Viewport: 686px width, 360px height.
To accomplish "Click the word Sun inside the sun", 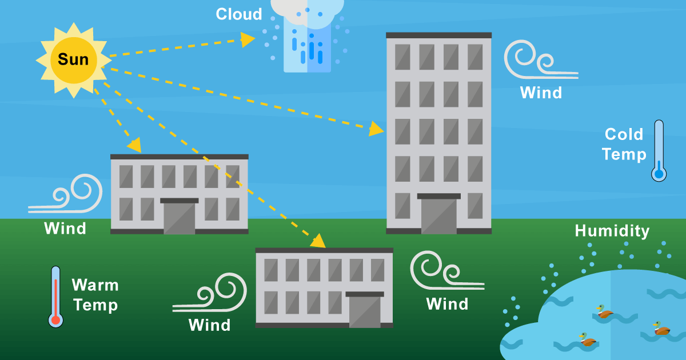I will pyautogui.click(x=73, y=59).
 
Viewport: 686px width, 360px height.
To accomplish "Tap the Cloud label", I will pyautogui.click(x=238, y=14).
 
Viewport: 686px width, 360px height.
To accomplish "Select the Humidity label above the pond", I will pyautogui.click(x=612, y=231).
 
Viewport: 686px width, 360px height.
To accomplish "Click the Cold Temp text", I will pyautogui.click(x=624, y=145).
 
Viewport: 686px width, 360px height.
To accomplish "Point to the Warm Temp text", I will pyautogui.click(x=95, y=295).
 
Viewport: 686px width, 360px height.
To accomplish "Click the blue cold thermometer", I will pyautogui.click(x=659, y=151).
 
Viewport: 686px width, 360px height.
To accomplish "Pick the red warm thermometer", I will pyautogui.click(x=55, y=297).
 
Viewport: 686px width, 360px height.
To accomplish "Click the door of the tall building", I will pyautogui.click(x=439, y=215).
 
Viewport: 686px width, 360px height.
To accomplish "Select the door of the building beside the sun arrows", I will pyautogui.click(x=180, y=217).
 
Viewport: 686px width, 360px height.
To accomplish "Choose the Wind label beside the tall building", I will pyautogui.click(x=541, y=93).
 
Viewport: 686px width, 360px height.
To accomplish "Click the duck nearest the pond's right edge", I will pyautogui.click(x=661, y=329).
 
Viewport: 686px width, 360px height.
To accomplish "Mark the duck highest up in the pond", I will pyautogui.click(x=604, y=311).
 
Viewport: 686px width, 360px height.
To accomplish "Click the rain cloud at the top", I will pyautogui.click(x=308, y=34).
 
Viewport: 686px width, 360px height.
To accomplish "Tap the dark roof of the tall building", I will pyautogui.click(x=438, y=35).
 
